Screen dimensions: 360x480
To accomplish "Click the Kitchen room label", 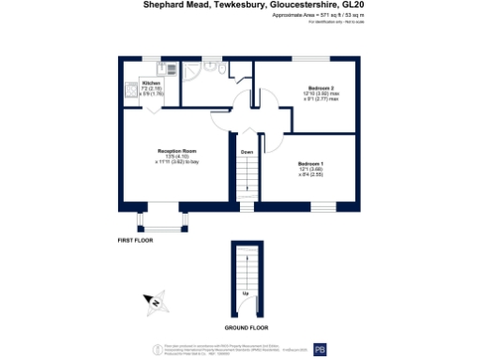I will pos(151,83).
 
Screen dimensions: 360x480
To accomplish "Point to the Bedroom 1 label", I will pos(310,165).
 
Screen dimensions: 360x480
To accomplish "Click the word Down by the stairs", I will pos(247,152).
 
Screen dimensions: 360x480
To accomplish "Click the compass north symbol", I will pos(155,302).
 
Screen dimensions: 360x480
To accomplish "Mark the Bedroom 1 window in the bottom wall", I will pos(310,204).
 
